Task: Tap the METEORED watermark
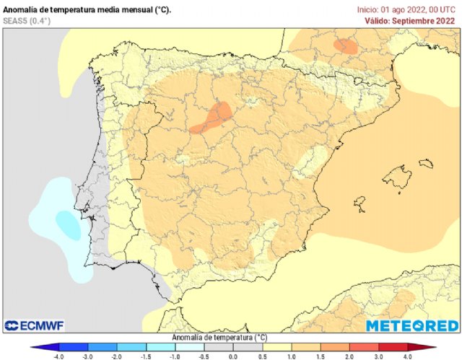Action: [411, 326]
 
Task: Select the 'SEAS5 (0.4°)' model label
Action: [27, 21]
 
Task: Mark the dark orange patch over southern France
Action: [345, 46]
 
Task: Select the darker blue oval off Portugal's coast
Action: [69, 225]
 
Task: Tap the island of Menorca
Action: [427, 164]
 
